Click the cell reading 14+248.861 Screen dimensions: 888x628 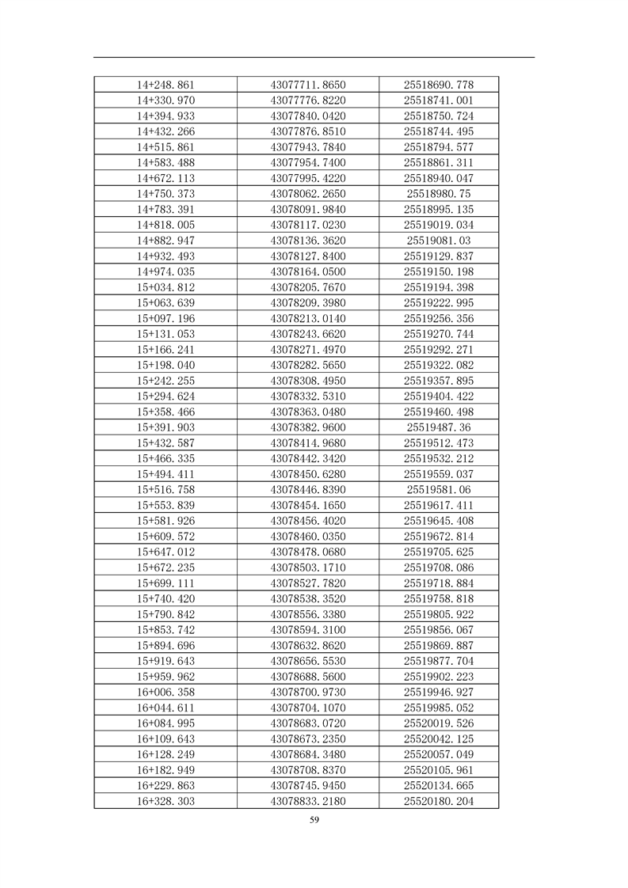tap(166, 85)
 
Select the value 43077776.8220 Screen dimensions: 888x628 tap(308, 101)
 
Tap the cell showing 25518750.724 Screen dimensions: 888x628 tap(438, 116)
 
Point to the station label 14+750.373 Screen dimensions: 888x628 tap(166, 194)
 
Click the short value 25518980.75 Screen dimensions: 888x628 tap(438, 194)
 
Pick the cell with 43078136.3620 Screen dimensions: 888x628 tap(308, 241)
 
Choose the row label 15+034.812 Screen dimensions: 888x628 tap(166, 287)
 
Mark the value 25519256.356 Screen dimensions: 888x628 tap(438, 318)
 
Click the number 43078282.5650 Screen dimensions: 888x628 tap(308, 365)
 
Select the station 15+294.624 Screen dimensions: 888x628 tap(166, 397)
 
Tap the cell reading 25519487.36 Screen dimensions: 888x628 tap(438, 427)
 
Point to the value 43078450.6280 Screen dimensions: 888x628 tap(308, 474)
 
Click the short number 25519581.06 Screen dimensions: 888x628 tap(438, 490)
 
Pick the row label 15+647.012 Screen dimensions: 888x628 tap(166, 552)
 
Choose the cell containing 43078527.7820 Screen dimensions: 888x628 tap(308, 583)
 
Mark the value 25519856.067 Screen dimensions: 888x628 tap(438, 630)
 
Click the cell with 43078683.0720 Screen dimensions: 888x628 tap(308, 723)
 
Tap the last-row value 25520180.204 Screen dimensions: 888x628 tap(438, 801)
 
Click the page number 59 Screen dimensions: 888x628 tap(314, 820)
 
